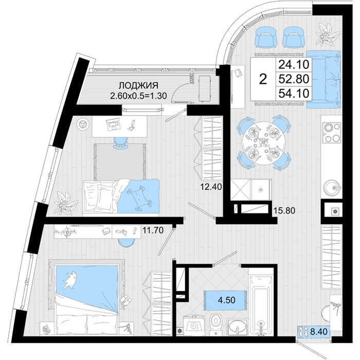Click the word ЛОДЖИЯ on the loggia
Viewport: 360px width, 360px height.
click(x=138, y=85)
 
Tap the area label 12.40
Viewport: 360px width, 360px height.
click(x=211, y=187)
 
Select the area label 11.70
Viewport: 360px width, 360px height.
click(x=153, y=230)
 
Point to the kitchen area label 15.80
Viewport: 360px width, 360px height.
click(x=284, y=210)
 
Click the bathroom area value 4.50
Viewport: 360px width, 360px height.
click(x=227, y=300)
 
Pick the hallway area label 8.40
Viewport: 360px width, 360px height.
click(x=319, y=332)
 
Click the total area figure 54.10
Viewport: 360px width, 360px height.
click(x=294, y=94)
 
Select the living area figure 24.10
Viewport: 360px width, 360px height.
click(x=294, y=64)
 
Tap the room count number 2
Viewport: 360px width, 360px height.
click(x=263, y=79)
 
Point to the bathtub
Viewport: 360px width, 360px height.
click(x=261, y=305)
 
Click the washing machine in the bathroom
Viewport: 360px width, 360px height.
click(x=194, y=326)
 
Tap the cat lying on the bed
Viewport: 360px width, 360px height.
click(x=70, y=280)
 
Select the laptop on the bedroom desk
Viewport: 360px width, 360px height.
click(x=113, y=124)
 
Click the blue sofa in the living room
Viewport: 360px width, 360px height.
click(x=323, y=79)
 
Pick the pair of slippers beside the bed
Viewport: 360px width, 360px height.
click(x=126, y=300)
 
